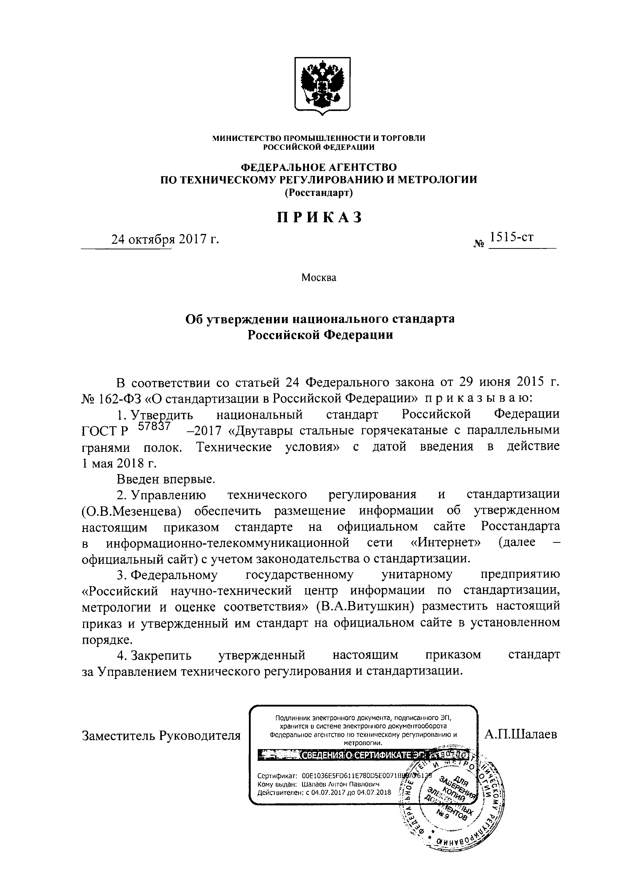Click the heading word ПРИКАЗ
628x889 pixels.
(x=320, y=218)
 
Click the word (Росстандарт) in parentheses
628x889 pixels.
(x=319, y=192)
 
